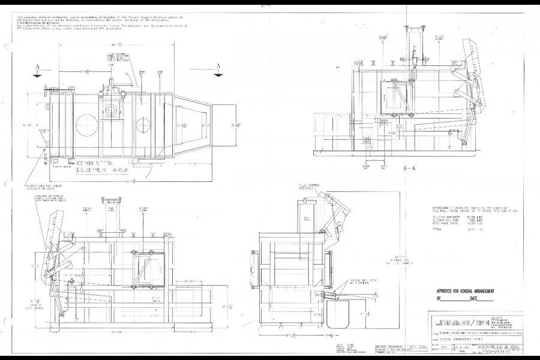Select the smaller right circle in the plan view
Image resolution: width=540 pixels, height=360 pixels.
point(144,126)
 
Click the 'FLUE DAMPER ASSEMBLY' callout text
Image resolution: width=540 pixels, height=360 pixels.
point(307,187)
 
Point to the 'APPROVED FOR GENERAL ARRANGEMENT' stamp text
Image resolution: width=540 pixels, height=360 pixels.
point(469,290)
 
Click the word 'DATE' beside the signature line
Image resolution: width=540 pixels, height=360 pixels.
point(476,298)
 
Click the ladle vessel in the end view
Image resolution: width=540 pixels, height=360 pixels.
point(343,310)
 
